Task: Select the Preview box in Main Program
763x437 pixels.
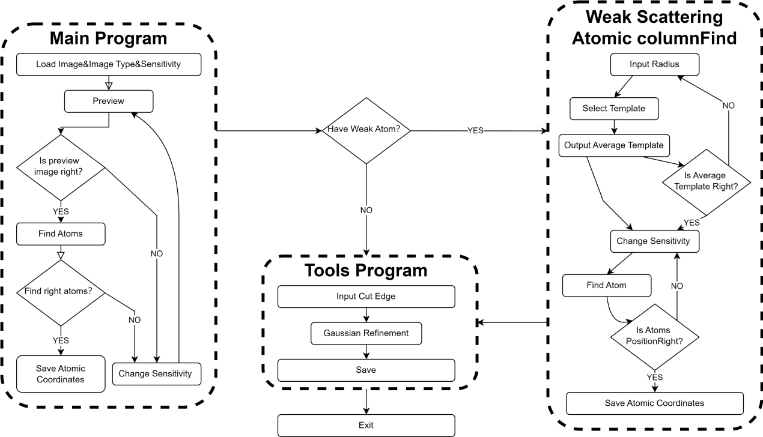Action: [x=109, y=101]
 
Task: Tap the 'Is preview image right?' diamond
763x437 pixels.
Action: [x=61, y=167]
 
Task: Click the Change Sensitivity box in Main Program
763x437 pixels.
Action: [x=155, y=373]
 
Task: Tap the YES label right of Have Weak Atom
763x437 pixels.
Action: [x=475, y=130]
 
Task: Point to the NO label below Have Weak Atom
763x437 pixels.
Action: [x=365, y=210]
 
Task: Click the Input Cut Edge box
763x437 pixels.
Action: [x=366, y=297]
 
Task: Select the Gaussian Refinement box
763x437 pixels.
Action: [x=366, y=333]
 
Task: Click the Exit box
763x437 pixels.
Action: [x=366, y=425]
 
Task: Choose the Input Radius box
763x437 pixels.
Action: [x=649, y=64]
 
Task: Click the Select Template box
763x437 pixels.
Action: [x=613, y=109]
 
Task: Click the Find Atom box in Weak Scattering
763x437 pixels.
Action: [x=607, y=285]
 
